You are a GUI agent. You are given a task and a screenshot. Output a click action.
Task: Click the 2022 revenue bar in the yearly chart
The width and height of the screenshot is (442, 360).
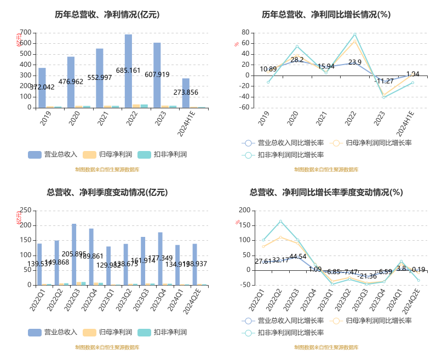tap(128, 71)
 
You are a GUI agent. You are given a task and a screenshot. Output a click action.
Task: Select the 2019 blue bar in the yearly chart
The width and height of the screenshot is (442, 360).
tap(42, 88)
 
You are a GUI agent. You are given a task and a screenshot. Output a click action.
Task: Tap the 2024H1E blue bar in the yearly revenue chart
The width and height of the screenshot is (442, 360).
tap(186, 93)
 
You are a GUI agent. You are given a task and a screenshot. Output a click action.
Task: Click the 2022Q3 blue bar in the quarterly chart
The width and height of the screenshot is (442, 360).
tap(74, 254)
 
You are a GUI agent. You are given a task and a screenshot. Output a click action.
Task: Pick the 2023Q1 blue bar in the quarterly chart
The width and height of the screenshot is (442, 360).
tap(108, 266)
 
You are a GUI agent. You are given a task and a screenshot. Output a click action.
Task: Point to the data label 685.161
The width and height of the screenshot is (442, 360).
tap(128, 71)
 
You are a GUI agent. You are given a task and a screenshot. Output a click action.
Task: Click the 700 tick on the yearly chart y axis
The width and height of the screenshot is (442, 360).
tap(25, 32)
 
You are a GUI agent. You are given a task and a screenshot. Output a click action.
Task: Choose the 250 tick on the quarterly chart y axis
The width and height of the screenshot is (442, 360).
tap(25, 210)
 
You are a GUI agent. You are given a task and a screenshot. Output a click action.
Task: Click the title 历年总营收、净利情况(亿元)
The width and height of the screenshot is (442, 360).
tap(107, 15)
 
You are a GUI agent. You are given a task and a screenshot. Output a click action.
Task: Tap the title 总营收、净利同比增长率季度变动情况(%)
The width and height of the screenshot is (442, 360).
tap(326, 193)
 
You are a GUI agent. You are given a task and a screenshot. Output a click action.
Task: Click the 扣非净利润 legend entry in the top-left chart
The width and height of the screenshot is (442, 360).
tap(164, 155)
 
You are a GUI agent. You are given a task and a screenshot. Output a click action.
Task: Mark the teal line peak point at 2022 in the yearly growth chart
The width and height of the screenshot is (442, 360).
tap(355, 34)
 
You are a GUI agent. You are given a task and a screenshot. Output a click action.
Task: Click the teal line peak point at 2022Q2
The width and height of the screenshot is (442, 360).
tap(280, 222)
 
